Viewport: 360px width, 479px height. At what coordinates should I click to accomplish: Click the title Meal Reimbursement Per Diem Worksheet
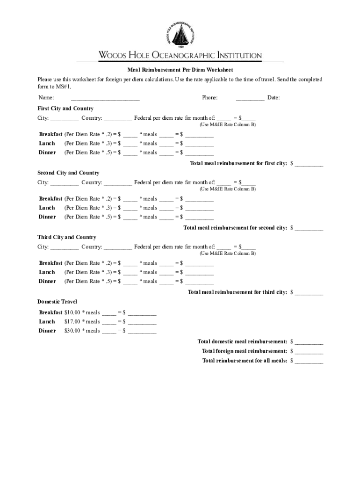coord(180,70)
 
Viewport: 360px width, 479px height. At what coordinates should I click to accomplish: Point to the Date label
coord(274,98)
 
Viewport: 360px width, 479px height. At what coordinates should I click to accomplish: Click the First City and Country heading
coord(65,109)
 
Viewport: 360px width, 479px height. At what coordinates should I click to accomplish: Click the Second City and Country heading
coord(68,173)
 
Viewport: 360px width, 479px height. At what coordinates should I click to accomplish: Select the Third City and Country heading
coord(67,238)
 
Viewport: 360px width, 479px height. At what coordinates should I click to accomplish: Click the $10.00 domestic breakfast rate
coord(72,312)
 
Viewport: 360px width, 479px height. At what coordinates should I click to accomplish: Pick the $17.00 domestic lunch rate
coord(72,322)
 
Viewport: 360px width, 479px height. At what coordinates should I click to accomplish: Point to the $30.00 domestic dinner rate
coord(72,331)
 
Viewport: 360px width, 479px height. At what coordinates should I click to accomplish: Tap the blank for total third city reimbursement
coord(309,293)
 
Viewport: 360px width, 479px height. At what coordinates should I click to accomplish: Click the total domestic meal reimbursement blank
coord(309,342)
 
